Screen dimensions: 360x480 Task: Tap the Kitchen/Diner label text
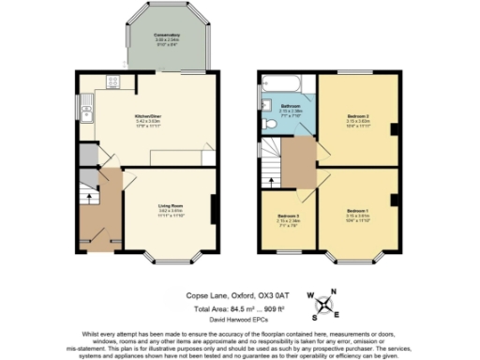click(x=149, y=117)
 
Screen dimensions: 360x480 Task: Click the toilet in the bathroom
click(x=268, y=123)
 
